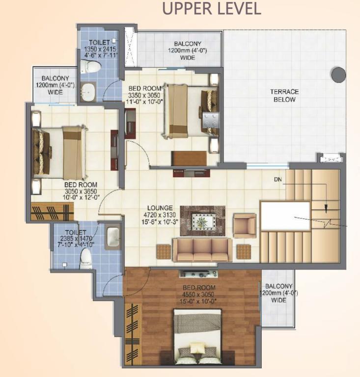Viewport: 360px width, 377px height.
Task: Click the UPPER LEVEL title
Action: point(212,8)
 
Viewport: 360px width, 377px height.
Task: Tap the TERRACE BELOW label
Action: point(284,95)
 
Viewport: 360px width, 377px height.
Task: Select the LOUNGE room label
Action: point(160,208)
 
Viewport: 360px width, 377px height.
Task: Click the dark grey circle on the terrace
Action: point(338,75)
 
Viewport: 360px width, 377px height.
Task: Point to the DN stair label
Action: point(278,179)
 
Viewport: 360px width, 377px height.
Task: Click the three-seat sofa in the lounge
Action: point(202,250)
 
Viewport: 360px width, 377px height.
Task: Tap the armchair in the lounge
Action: point(244,225)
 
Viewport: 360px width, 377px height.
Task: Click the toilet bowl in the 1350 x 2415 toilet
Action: point(89,66)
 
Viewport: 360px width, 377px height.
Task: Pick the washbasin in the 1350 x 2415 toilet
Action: point(88,92)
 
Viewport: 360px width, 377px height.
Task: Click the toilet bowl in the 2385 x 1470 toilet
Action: point(86,259)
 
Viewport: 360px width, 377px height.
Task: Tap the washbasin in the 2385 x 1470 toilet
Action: point(113,238)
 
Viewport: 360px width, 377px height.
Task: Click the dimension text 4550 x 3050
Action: point(198,295)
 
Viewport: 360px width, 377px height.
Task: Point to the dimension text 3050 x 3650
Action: point(81,191)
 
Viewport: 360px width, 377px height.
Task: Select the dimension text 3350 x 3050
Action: point(144,95)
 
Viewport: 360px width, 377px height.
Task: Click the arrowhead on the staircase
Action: point(326,209)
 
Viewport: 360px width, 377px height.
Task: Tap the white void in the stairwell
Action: point(285,216)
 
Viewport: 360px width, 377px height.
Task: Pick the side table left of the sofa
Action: point(164,252)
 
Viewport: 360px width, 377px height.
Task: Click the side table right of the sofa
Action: point(244,252)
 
